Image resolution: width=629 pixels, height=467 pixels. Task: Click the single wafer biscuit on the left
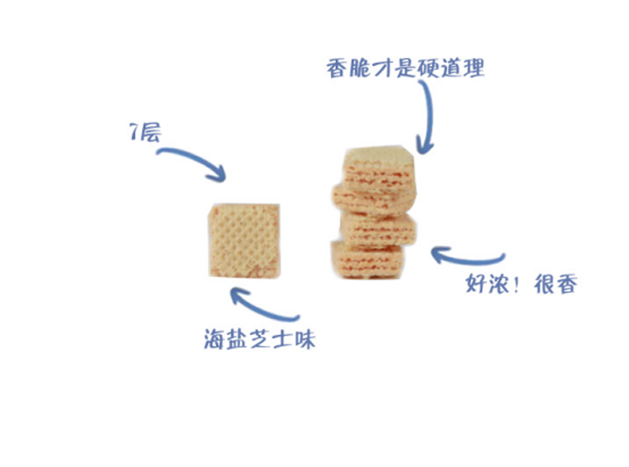(x=244, y=239)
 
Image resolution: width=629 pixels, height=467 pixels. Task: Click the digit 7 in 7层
(x=132, y=135)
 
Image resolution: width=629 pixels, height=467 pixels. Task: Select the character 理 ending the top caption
(x=474, y=68)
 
